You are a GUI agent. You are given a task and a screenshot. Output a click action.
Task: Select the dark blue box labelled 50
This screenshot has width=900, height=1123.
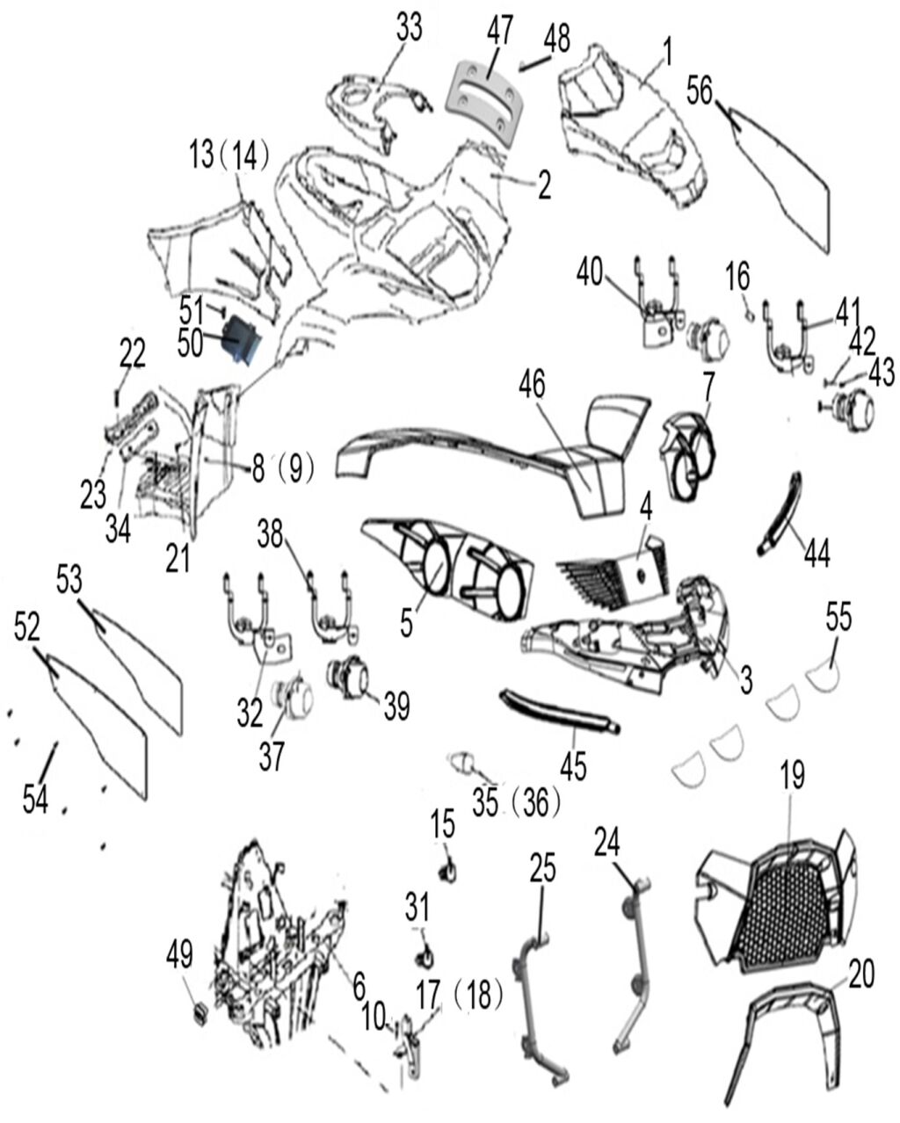click(241, 340)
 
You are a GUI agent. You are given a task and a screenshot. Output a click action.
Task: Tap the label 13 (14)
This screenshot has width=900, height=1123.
click(229, 155)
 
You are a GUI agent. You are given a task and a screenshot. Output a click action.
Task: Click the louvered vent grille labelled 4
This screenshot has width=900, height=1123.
click(613, 574)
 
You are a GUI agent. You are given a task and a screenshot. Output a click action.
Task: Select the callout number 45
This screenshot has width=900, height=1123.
click(573, 766)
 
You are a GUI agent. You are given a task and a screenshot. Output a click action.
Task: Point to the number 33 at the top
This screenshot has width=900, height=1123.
click(409, 26)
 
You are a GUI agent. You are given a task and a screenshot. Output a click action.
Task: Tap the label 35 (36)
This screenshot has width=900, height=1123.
click(516, 802)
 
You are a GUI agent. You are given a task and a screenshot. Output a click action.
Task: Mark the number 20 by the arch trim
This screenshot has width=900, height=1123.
click(860, 974)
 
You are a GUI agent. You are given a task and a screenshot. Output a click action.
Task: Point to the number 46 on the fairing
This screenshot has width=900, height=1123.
click(532, 386)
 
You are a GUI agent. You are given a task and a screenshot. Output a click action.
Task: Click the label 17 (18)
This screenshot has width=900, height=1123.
click(461, 993)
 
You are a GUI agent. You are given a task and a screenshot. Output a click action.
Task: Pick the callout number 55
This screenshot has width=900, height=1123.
click(838, 616)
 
